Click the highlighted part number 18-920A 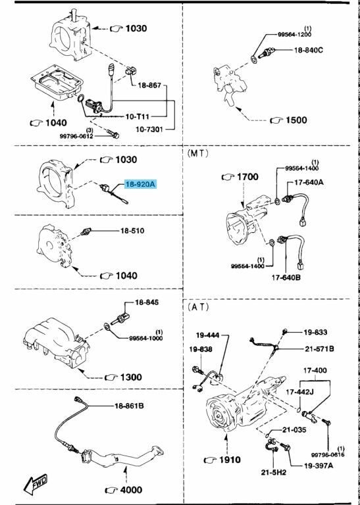[141, 185]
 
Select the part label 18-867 [149, 85]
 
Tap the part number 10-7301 [149, 129]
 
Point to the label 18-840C [308, 50]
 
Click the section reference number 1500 [296, 120]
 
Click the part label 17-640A [309, 183]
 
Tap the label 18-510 [132, 231]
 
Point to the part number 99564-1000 [146, 338]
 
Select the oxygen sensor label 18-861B [129, 406]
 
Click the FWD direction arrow [36, 482]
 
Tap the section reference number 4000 [130, 490]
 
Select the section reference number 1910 [230, 460]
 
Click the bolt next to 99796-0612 [112, 133]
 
